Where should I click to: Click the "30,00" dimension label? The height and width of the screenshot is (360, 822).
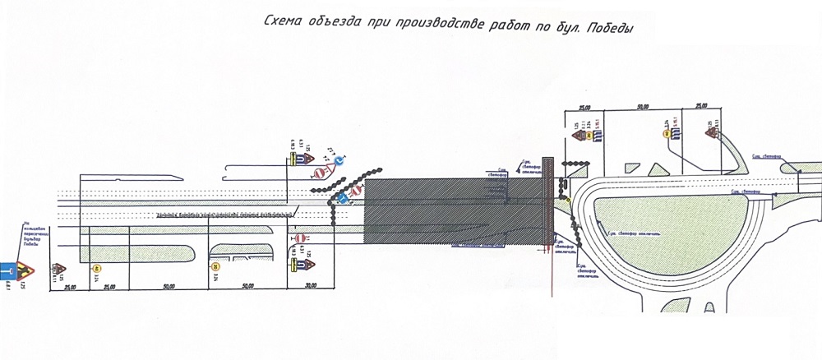point(310,286)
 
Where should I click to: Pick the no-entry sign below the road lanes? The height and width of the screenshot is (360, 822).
point(301,238)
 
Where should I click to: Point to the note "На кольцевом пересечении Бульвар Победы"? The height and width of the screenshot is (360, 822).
point(32,236)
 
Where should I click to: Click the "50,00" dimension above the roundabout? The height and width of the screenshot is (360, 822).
point(644,107)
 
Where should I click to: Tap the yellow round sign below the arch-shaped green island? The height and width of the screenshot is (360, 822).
point(216,266)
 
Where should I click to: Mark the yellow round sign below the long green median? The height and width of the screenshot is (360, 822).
point(97,268)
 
